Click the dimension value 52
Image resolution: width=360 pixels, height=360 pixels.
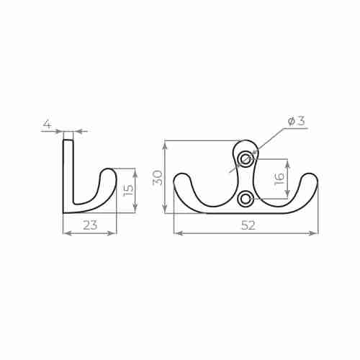click(x=248, y=225)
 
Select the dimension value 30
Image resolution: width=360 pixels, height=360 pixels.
click(x=158, y=177)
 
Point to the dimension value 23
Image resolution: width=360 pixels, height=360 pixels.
click(x=90, y=225)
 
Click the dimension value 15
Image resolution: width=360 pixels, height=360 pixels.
click(x=127, y=191)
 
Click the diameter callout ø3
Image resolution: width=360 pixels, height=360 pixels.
click(x=296, y=121)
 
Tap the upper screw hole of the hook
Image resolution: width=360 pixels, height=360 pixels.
click(x=246, y=158)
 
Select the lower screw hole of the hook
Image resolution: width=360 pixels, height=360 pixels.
click(x=246, y=197)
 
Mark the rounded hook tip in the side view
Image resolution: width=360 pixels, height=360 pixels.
click(x=108, y=176)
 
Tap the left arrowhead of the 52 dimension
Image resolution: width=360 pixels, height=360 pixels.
click(x=177, y=233)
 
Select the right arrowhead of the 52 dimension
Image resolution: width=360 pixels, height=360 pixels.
click(x=315, y=233)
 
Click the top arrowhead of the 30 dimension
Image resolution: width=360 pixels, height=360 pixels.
click(x=166, y=144)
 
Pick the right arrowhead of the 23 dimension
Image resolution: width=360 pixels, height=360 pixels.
click(x=113, y=233)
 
